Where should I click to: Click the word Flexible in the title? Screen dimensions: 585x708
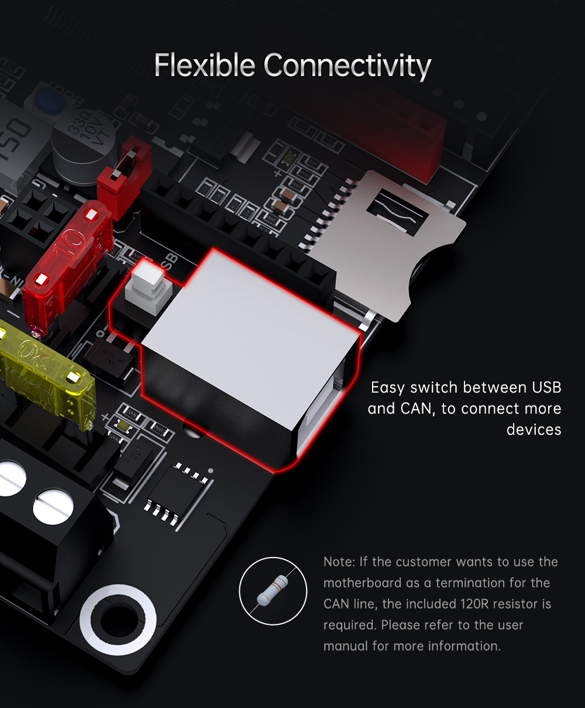205,64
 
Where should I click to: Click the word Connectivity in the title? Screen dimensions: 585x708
347,66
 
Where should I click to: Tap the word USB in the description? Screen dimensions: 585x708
546,387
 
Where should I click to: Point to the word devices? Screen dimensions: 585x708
534,429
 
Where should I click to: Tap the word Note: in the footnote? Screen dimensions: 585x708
339,562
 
